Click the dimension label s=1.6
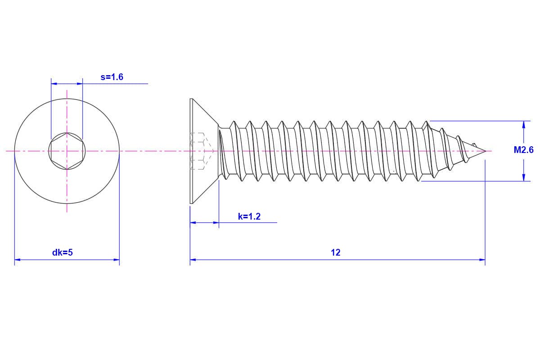[112, 77]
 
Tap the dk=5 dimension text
[63, 252]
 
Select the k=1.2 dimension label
[249, 216]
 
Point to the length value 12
[336, 252]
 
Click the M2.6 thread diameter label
[523, 150]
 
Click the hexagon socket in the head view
[67, 151]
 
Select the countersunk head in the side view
[202, 151]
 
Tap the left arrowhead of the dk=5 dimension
[18, 260]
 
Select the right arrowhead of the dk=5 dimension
[116, 260]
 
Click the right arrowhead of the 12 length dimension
[482, 260]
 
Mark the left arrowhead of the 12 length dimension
[193, 260]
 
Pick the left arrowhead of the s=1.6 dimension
[54, 84]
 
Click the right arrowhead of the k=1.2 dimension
[216, 222]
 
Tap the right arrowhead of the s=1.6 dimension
[80, 84]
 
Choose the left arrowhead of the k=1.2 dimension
[193, 222]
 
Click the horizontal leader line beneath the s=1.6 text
[117, 84]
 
